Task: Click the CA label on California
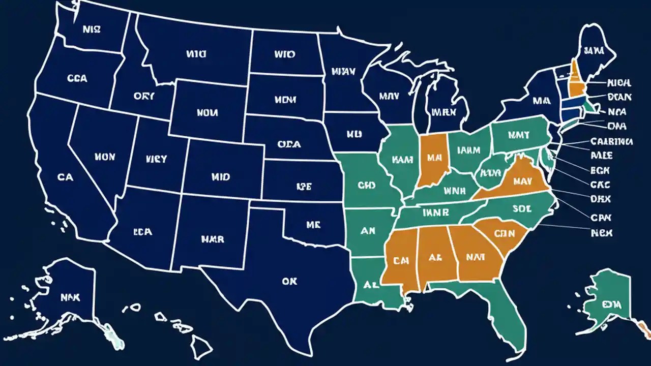[65, 177]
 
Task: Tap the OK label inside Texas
[288, 281]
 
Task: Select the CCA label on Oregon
[77, 79]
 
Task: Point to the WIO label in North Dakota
[284, 53]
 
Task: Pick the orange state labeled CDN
[505, 233]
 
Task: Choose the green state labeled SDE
[522, 208]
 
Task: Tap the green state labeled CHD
[366, 186]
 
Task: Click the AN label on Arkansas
[368, 231]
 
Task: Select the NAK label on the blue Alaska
[70, 297]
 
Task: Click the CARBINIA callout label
[611, 141]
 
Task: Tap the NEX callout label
[602, 233]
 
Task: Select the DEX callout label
[601, 199]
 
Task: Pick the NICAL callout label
[618, 82]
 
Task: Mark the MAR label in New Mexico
[212, 238]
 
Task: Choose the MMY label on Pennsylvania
[518, 135]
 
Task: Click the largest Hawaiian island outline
[201, 348]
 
